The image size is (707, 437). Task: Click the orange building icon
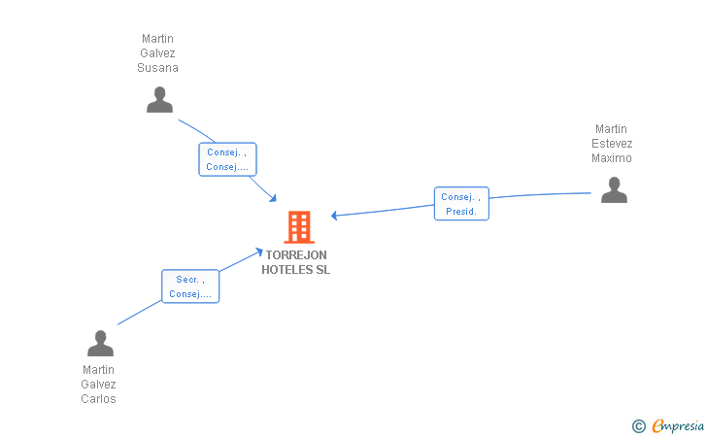[x=298, y=227]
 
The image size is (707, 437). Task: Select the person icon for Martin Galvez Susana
[x=159, y=99]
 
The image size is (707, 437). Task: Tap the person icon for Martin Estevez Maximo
[x=614, y=189]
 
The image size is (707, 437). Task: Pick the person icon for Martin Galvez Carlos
[x=100, y=344]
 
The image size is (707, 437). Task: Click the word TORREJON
[x=296, y=255]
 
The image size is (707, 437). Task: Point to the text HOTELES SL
[x=296, y=270]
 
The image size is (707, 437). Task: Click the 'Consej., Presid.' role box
[x=461, y=204]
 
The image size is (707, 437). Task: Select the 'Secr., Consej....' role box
[x=190, y=286]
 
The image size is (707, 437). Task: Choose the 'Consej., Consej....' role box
[x=227, y=159]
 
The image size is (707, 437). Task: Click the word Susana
[x=158, y=68]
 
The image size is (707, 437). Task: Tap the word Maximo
[x=612, y=158]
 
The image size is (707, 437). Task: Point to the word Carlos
[x=99, y=399]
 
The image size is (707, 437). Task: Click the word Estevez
[x=612, y=144]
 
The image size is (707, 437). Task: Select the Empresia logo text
[x=678, y=425]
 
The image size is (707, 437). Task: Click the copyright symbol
[x=638, y=425]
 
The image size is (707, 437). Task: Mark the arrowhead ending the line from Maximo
[x=334, y=216]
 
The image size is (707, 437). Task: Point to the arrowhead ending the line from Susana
[x=275, y=199]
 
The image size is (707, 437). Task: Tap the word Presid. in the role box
[x=461, y=212]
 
